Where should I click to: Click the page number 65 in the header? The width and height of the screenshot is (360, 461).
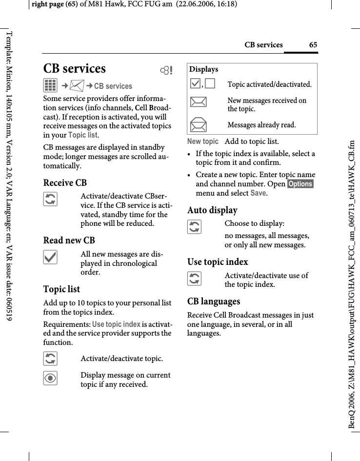pos(313,45)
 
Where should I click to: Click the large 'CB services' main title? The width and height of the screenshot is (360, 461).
pos(75,69)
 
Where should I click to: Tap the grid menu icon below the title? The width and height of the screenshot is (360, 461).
pos(50,86)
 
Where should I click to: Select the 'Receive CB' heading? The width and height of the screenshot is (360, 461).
pos(65,183)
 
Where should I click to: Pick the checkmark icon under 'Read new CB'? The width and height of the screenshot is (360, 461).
pos(50,257)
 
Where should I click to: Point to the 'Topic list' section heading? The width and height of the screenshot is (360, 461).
pos(61,289)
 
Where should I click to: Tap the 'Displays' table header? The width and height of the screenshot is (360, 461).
pos(204,69)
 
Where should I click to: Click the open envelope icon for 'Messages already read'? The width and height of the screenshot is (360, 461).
pos(199,125)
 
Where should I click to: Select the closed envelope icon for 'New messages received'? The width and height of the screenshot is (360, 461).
pos(199,102)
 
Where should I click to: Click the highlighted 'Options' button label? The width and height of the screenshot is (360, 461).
pos(300,184)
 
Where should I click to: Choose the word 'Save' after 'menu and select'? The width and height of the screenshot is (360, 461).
pos(259,193)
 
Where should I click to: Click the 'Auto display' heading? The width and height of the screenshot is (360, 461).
pos(212,210)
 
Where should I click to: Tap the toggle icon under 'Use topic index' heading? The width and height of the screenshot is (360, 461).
pos(194,279)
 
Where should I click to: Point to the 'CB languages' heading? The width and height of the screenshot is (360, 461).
pos(214,301)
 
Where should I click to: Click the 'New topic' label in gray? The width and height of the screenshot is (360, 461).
pos(203,141)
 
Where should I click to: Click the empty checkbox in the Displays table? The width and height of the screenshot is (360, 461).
pos(210,84)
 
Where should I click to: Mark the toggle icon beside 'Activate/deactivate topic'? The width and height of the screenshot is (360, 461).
pos(50,359)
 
